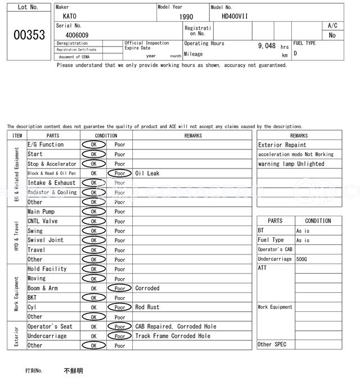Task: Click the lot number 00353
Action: point(29,35)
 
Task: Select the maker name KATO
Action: point(70,16)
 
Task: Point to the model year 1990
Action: point(186,17)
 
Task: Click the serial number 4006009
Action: point(76,35)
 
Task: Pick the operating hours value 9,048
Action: point(267,46)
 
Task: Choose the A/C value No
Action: point(332,35)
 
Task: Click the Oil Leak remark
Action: point(147,174)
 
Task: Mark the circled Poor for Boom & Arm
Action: point(120,288)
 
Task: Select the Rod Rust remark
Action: point(147,307)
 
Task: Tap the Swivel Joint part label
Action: point(46,240)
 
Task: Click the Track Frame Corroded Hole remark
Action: point(173,336)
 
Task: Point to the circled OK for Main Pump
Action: point(93,212)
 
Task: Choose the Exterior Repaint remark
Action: point(282,145)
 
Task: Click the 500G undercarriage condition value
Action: point(302,259)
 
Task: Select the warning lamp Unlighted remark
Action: point(291,164)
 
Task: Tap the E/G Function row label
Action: point(46,145)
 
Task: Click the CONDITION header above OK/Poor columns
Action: point(106,135)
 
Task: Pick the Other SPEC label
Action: point(272,344)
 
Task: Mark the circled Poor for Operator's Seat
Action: point(120,326)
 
